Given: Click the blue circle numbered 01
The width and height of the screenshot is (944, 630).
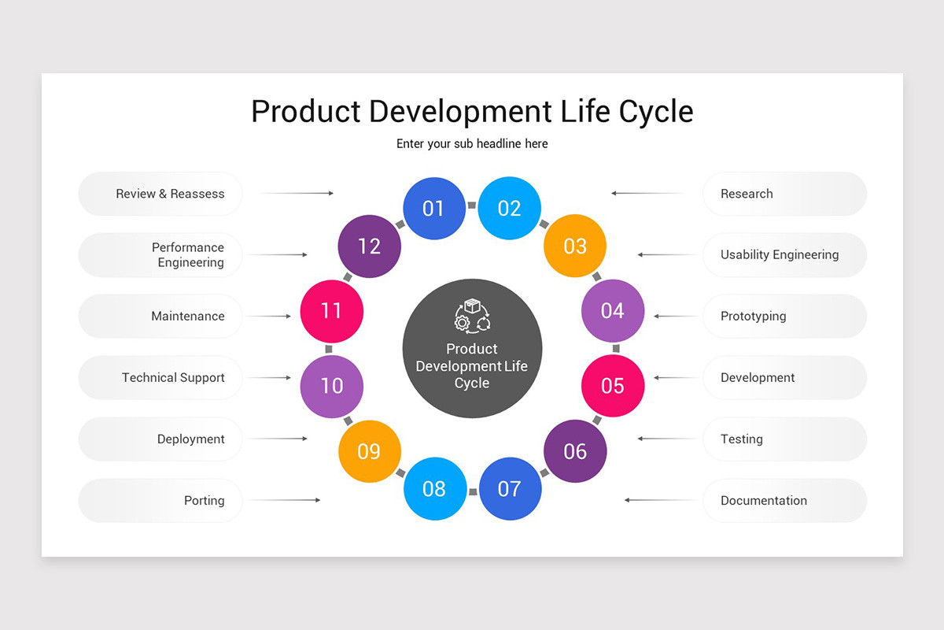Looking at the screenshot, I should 434,208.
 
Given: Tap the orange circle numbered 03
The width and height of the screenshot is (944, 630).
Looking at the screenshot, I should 575,246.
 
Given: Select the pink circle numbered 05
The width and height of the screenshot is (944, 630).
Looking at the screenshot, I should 613,386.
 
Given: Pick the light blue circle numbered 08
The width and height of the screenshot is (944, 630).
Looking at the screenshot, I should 434,488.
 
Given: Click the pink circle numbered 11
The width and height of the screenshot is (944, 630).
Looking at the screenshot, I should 332,310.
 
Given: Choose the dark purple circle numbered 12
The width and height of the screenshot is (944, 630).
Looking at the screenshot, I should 369,246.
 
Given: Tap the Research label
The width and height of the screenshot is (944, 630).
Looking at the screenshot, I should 747,194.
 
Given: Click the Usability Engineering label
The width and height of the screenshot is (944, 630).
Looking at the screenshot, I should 780,254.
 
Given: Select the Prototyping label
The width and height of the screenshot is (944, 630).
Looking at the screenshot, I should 753,316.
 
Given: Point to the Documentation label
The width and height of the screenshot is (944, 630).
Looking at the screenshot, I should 763,500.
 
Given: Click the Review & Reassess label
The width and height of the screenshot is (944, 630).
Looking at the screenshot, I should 170,194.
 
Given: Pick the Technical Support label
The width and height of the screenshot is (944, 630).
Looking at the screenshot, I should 173,377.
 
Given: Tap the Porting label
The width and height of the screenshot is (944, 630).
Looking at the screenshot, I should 204,500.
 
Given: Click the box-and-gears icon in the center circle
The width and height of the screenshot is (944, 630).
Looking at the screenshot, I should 472,315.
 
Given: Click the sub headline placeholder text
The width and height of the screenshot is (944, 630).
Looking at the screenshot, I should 472,143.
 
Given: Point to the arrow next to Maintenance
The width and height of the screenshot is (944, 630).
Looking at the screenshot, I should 269,316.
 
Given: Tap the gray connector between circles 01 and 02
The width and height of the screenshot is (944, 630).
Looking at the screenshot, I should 472,206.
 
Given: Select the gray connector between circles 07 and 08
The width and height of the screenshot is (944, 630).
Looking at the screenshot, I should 473,491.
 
